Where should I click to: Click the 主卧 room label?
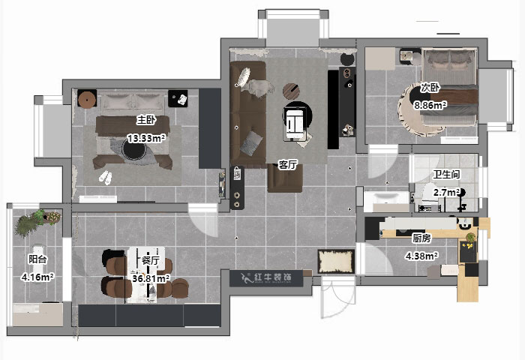(x=145, y=120)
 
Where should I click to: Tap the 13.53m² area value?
(x=145, y=138)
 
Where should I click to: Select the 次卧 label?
(x=429, y=87)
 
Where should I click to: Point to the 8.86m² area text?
(x=430, y=106)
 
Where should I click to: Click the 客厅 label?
(x=289, y=164)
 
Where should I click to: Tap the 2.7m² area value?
(x=445, y=193)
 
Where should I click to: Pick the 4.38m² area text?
(x=421, y=256)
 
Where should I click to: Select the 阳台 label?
(x=37, y=259)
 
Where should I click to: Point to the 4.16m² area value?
(x=37, y=277)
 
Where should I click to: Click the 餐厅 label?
(x=150, y=261)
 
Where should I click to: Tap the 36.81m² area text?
(x=151, y=279)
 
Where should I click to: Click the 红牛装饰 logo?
(x=267, y=277)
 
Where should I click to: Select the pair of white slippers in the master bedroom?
(x=104, y=178)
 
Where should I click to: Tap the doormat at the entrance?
(x=336, y=261)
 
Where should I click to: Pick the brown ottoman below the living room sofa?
(x=285, y=178)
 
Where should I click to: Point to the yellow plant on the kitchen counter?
(x=470, y=239)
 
